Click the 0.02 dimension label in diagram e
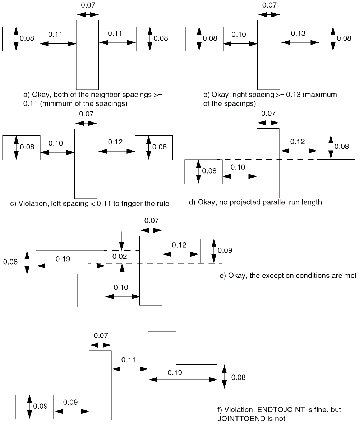pos(120,257)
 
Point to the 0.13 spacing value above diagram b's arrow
pos(298,33)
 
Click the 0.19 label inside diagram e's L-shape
pos(63,259)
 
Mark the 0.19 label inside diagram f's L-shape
pos(175,373)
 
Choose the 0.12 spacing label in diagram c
pos(115,142)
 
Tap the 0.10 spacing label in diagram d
pos(238,167)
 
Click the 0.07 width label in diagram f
pos(101,336)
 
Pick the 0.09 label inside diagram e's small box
pos(225,250)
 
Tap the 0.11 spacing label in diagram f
pos(128,360)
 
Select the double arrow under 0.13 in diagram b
pos(300,42)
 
